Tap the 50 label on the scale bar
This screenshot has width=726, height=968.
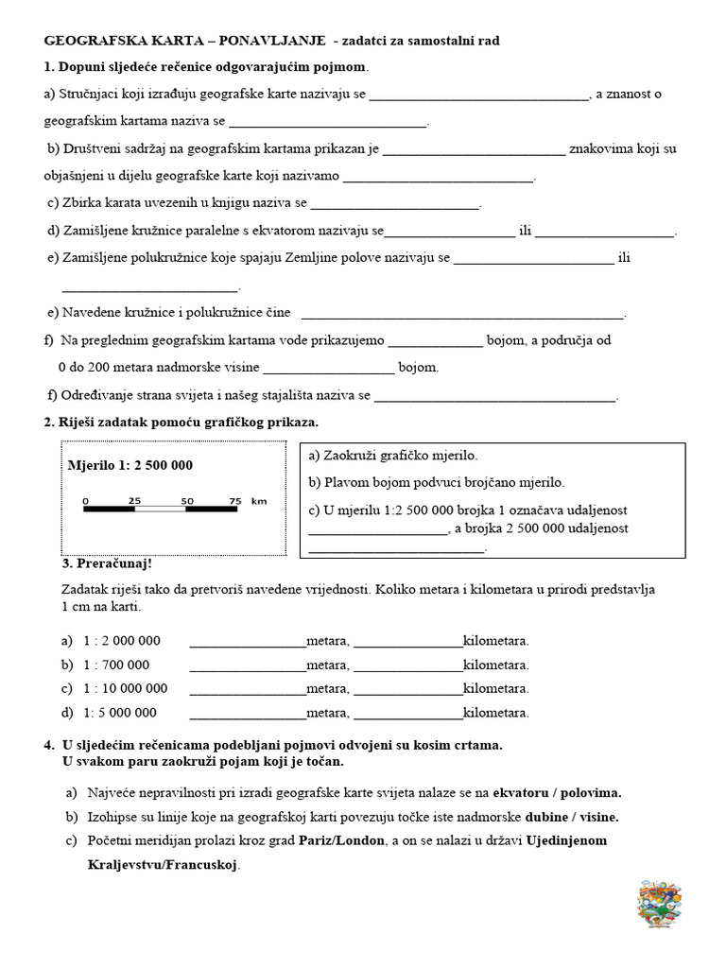[186, 500]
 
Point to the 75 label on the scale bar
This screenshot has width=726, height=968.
[235, 500]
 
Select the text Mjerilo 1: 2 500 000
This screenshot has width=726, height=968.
[130, 465]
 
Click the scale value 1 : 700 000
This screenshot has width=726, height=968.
[117, 665]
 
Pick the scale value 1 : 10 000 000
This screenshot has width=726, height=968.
[126, 688]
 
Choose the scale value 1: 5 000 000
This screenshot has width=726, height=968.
[120, 712]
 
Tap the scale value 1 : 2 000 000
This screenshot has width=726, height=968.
[123, 641]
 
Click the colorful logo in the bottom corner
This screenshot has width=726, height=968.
[660, 906]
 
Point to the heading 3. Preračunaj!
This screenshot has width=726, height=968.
[107, 564]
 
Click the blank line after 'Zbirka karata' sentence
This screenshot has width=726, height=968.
[395, 204]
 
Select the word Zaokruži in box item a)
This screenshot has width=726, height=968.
[351, 456]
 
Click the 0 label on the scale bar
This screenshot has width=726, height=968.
[85, 500]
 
